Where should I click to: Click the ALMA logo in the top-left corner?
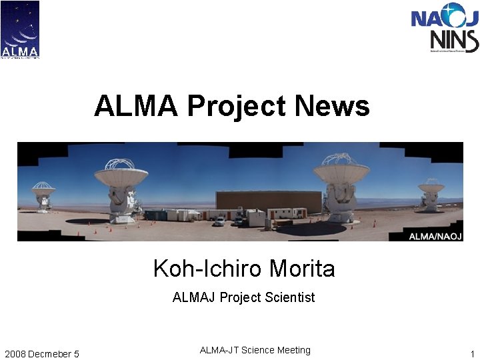[x=20, y=29]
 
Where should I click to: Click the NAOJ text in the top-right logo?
[x=444, y=15]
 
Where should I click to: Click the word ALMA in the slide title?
[x=136, y=106]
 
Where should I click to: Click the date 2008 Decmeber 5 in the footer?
[x=41, y=353]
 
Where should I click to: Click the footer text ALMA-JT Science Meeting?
[x=255, y=350]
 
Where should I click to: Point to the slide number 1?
[x=472, y=353]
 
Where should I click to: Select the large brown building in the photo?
[x=269, y=201]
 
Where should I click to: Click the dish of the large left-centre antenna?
[x=121, y=175]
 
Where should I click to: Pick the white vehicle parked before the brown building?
[x=219, y=221]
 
